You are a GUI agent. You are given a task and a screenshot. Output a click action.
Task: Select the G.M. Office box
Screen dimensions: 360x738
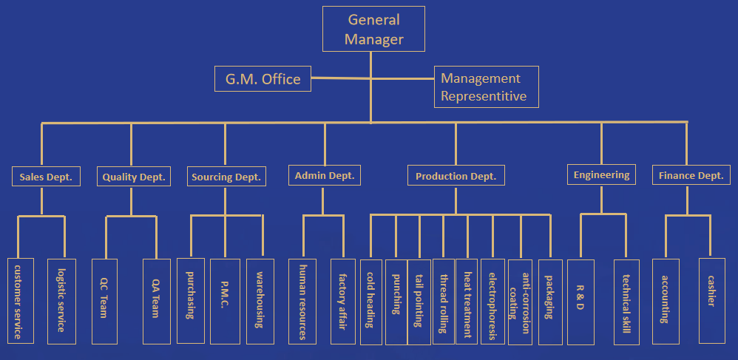click(x=263, y=79)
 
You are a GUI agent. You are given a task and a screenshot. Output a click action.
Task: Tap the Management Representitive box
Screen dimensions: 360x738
click(x=486, y=86)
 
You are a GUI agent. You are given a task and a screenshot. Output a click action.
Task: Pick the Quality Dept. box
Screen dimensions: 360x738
click(x=134, y=177)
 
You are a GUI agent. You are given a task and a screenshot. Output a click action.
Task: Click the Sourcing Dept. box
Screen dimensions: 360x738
click(x=226, y=177)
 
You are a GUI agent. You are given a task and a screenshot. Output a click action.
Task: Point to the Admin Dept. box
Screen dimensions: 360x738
click(x=325, y=175)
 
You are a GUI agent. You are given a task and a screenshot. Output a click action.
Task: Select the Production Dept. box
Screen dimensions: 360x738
click(x=456, y=176)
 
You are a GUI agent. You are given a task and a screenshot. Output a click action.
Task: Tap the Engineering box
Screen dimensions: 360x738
click(x=602, y=175)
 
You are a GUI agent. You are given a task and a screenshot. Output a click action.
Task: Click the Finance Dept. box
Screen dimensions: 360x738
click(x=691, y=176)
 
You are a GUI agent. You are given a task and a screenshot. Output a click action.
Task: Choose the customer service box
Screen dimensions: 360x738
click(x=21, y=301)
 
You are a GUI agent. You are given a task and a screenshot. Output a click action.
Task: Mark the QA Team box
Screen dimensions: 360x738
click(x=156, y=301)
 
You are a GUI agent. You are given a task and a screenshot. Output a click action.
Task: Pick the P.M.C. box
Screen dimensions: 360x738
click(x=225, y=301)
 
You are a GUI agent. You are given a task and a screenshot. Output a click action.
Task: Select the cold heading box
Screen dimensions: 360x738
click(x=370, y=301)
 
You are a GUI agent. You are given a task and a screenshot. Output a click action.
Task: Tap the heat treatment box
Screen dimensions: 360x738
click(x=467, y=301)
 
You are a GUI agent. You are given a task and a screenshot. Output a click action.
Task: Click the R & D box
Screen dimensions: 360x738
click(x=580, y=301)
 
